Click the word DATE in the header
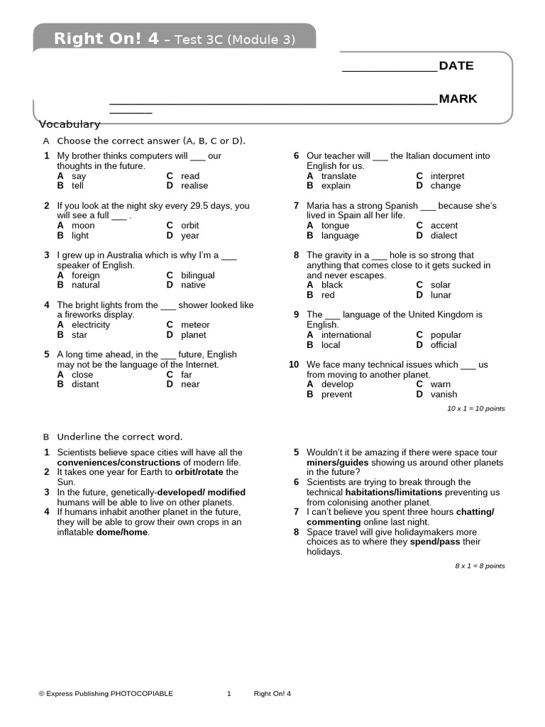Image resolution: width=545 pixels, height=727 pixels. (x=456, y=66)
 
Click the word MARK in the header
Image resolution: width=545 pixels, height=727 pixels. (x=458, y=99)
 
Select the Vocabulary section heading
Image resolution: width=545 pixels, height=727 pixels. (x=70, y=124)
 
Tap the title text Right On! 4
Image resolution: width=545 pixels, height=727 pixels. (x=106, y=39)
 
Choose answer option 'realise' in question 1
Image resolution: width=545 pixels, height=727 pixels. (x=194, y=186)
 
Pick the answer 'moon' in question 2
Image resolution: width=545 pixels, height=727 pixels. (x=83, y=226)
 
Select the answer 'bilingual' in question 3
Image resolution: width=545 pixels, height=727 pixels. (x=197, y=275)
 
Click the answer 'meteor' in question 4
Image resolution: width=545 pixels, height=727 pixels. (x=195, y=325)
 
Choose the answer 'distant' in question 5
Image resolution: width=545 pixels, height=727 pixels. (x=85, y=385)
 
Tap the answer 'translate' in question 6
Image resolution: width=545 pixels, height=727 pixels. (x=338, y=176)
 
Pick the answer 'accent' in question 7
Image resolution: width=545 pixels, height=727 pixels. (x=444, y=226)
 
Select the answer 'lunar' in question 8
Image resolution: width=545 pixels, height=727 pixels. (x=441, y=295)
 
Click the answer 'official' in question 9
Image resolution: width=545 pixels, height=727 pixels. (x=444, y=345)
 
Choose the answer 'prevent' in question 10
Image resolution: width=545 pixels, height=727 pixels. (x=336, y=395)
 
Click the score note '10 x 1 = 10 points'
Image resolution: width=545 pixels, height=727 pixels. (x=475, y=409)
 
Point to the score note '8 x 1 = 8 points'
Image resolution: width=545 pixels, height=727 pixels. (x=480, y=566)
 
